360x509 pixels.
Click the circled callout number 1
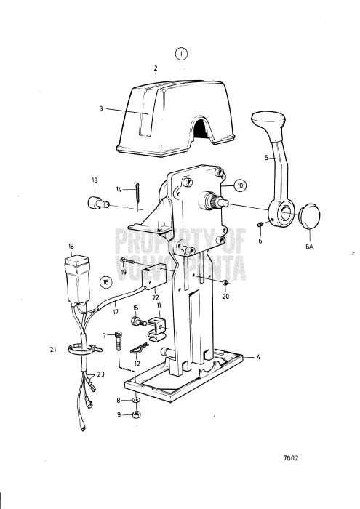point(180,53)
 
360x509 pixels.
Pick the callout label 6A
point(311,247)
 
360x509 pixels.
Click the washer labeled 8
point(136,400)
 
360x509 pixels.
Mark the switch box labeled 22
point(156,278)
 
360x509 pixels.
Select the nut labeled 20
point(227,282)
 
